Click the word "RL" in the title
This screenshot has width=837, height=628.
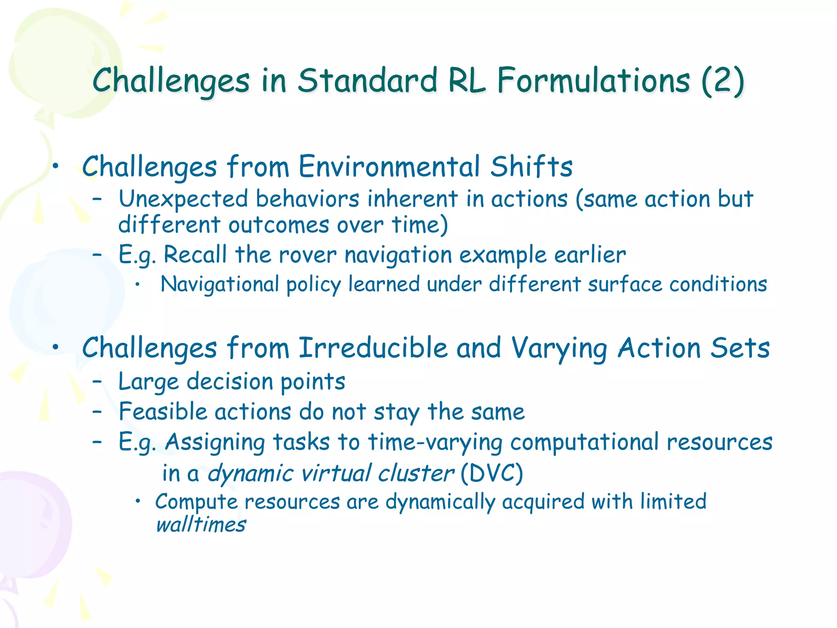pos(467,81)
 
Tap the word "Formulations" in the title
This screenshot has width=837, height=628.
pos(593,81)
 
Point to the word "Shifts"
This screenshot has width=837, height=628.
pos(531,166)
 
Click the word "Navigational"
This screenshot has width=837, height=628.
pos(220,284)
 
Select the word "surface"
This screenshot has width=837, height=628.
pos(624,284)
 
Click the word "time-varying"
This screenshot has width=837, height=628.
pos(435,442)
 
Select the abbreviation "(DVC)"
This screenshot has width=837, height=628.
pos(492,473)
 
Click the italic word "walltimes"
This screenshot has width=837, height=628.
pos(201,525)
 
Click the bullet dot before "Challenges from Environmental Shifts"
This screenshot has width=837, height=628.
pos(56,166)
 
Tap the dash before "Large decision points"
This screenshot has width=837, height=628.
pos(97,382)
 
